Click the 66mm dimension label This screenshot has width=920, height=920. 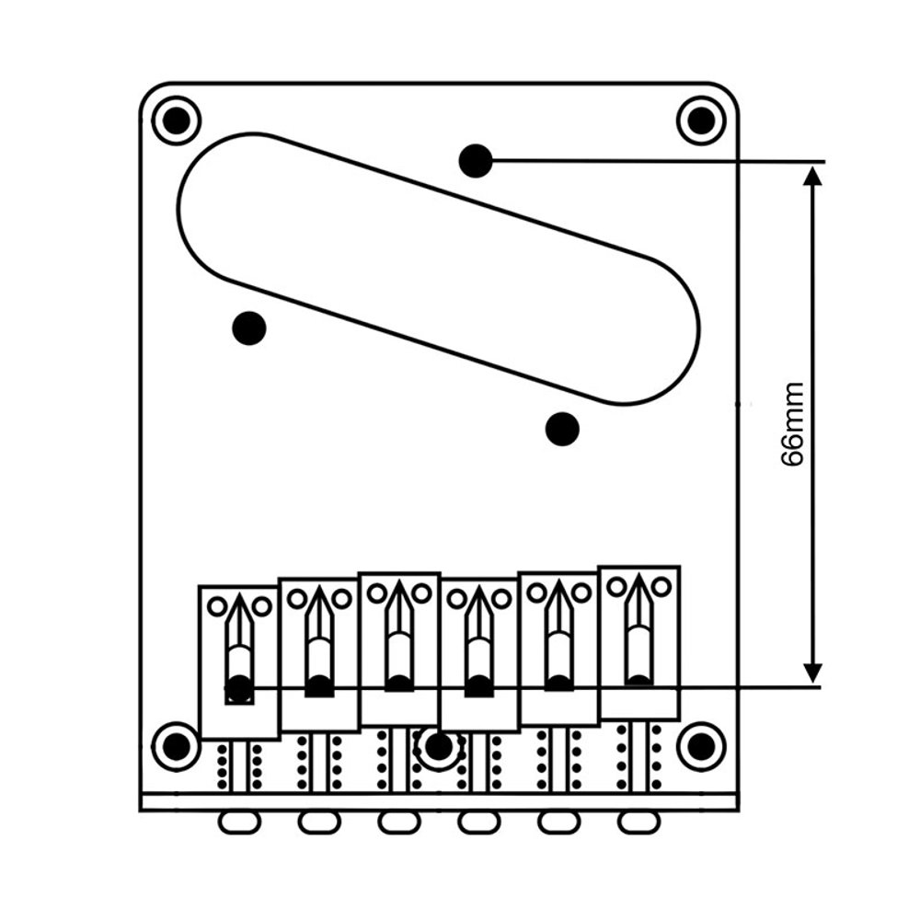tap(793, 425)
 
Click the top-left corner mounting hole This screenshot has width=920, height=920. tap(176, 120)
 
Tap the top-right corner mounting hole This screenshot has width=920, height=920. tap(701, 120)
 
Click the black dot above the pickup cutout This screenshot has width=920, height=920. tap(476, 161)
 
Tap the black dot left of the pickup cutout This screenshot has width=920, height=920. tap(249, 328)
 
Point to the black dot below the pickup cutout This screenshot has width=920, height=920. tap(562, 428)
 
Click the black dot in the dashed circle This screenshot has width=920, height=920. tap(439, 746)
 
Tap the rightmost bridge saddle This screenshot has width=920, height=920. tap(639, 642)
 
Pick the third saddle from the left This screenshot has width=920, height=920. tap(399, 649)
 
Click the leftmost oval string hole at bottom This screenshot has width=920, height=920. tap(239, 821)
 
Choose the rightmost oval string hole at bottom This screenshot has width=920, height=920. tap(638, 821)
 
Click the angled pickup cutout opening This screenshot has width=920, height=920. tap(439, 268)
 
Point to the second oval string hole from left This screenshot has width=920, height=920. tap(319, 821)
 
